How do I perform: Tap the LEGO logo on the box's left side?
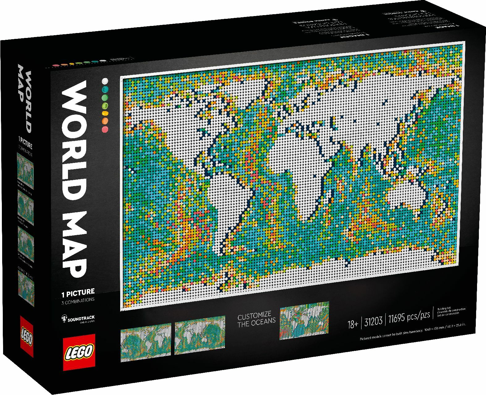(27, 336)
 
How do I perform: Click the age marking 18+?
(353, 324)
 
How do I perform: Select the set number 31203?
(373, 322)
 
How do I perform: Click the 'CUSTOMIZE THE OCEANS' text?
(256, 318)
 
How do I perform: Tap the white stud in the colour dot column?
(106, 81)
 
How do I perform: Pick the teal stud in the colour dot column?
(106, 89)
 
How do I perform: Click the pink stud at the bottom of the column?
(106, 130)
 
